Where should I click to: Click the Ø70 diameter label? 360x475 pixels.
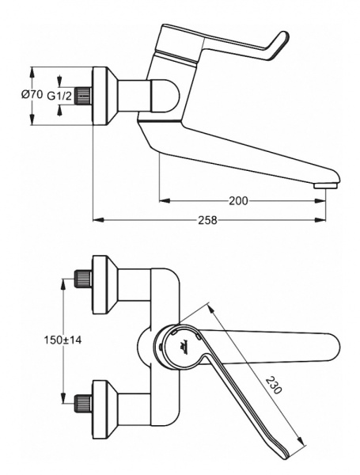tap(32, 94)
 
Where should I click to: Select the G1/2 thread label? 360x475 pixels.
tap(60, 96)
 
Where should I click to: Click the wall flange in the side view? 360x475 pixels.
tap(103, 96)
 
